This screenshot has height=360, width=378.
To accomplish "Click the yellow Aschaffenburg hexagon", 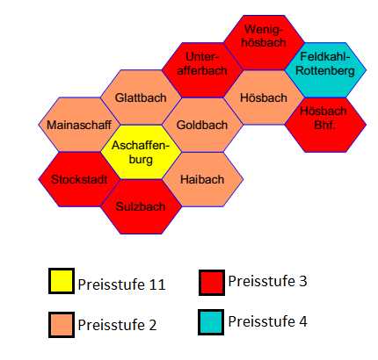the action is pyautogui.click(x=141, y=152).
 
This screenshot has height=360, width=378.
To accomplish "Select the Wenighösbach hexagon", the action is pyautogui.click(x=264, y=42).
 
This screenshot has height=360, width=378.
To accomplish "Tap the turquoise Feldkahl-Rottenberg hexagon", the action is pyautogui.click(x=325, y=70).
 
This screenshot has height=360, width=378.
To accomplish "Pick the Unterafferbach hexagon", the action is pyautogui.click(x=202, y=70).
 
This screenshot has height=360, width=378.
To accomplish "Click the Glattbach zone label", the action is pyautogui.click(x=141, y=97).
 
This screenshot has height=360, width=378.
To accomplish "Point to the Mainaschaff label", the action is pyautogui.click(x=79, y=125).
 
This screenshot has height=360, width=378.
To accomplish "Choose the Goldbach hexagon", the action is pyautogui.click(x=202, y=125).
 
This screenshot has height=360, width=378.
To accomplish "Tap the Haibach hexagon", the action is pyautogui.click(x=202, y=179).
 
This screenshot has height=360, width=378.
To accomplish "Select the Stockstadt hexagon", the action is pyautogui.click(x=79, y=179).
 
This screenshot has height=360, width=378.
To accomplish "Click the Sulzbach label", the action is pyautogui.click(x=141, y=206).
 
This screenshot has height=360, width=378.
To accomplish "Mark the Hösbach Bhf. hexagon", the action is pyautogui.click(x=325, y=125).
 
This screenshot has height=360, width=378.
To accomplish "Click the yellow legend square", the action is pyautogui.click(x=62, y=281).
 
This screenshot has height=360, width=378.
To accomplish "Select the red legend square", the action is pyautogui.click(x=212, y=283).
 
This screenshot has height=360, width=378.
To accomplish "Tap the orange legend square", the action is pyautogui.click(x=62, y=325).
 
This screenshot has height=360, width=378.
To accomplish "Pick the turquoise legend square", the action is pyautogui.click(x=211, y=322).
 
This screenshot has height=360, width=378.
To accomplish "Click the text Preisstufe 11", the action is pyautogui.click(x=122, y=284).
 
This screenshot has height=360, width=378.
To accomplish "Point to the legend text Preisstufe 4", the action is pyautogui.click(x=268, y=321).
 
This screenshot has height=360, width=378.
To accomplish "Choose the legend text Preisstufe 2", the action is pyautogui.click(x=117, y=325).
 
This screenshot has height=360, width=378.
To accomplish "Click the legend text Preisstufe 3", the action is pyautogui.click(x=268, y=281).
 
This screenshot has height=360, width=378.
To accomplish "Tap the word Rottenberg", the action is pyautogui.click(x=325, y=71).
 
